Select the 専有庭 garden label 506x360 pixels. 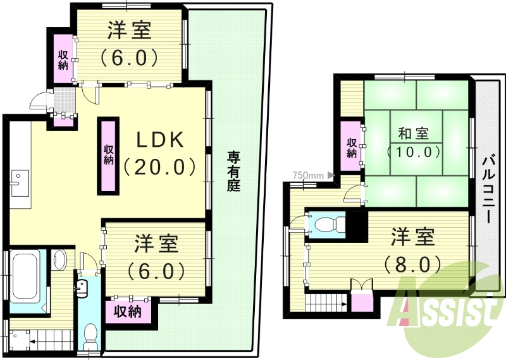233,171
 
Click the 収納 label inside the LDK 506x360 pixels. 109,155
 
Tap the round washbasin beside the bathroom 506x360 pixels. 59,259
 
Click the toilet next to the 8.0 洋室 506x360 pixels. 330,225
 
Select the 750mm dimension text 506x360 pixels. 308,175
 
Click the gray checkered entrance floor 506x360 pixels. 63,99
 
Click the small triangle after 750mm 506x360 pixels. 330,175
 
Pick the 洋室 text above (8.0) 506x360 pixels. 412,239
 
